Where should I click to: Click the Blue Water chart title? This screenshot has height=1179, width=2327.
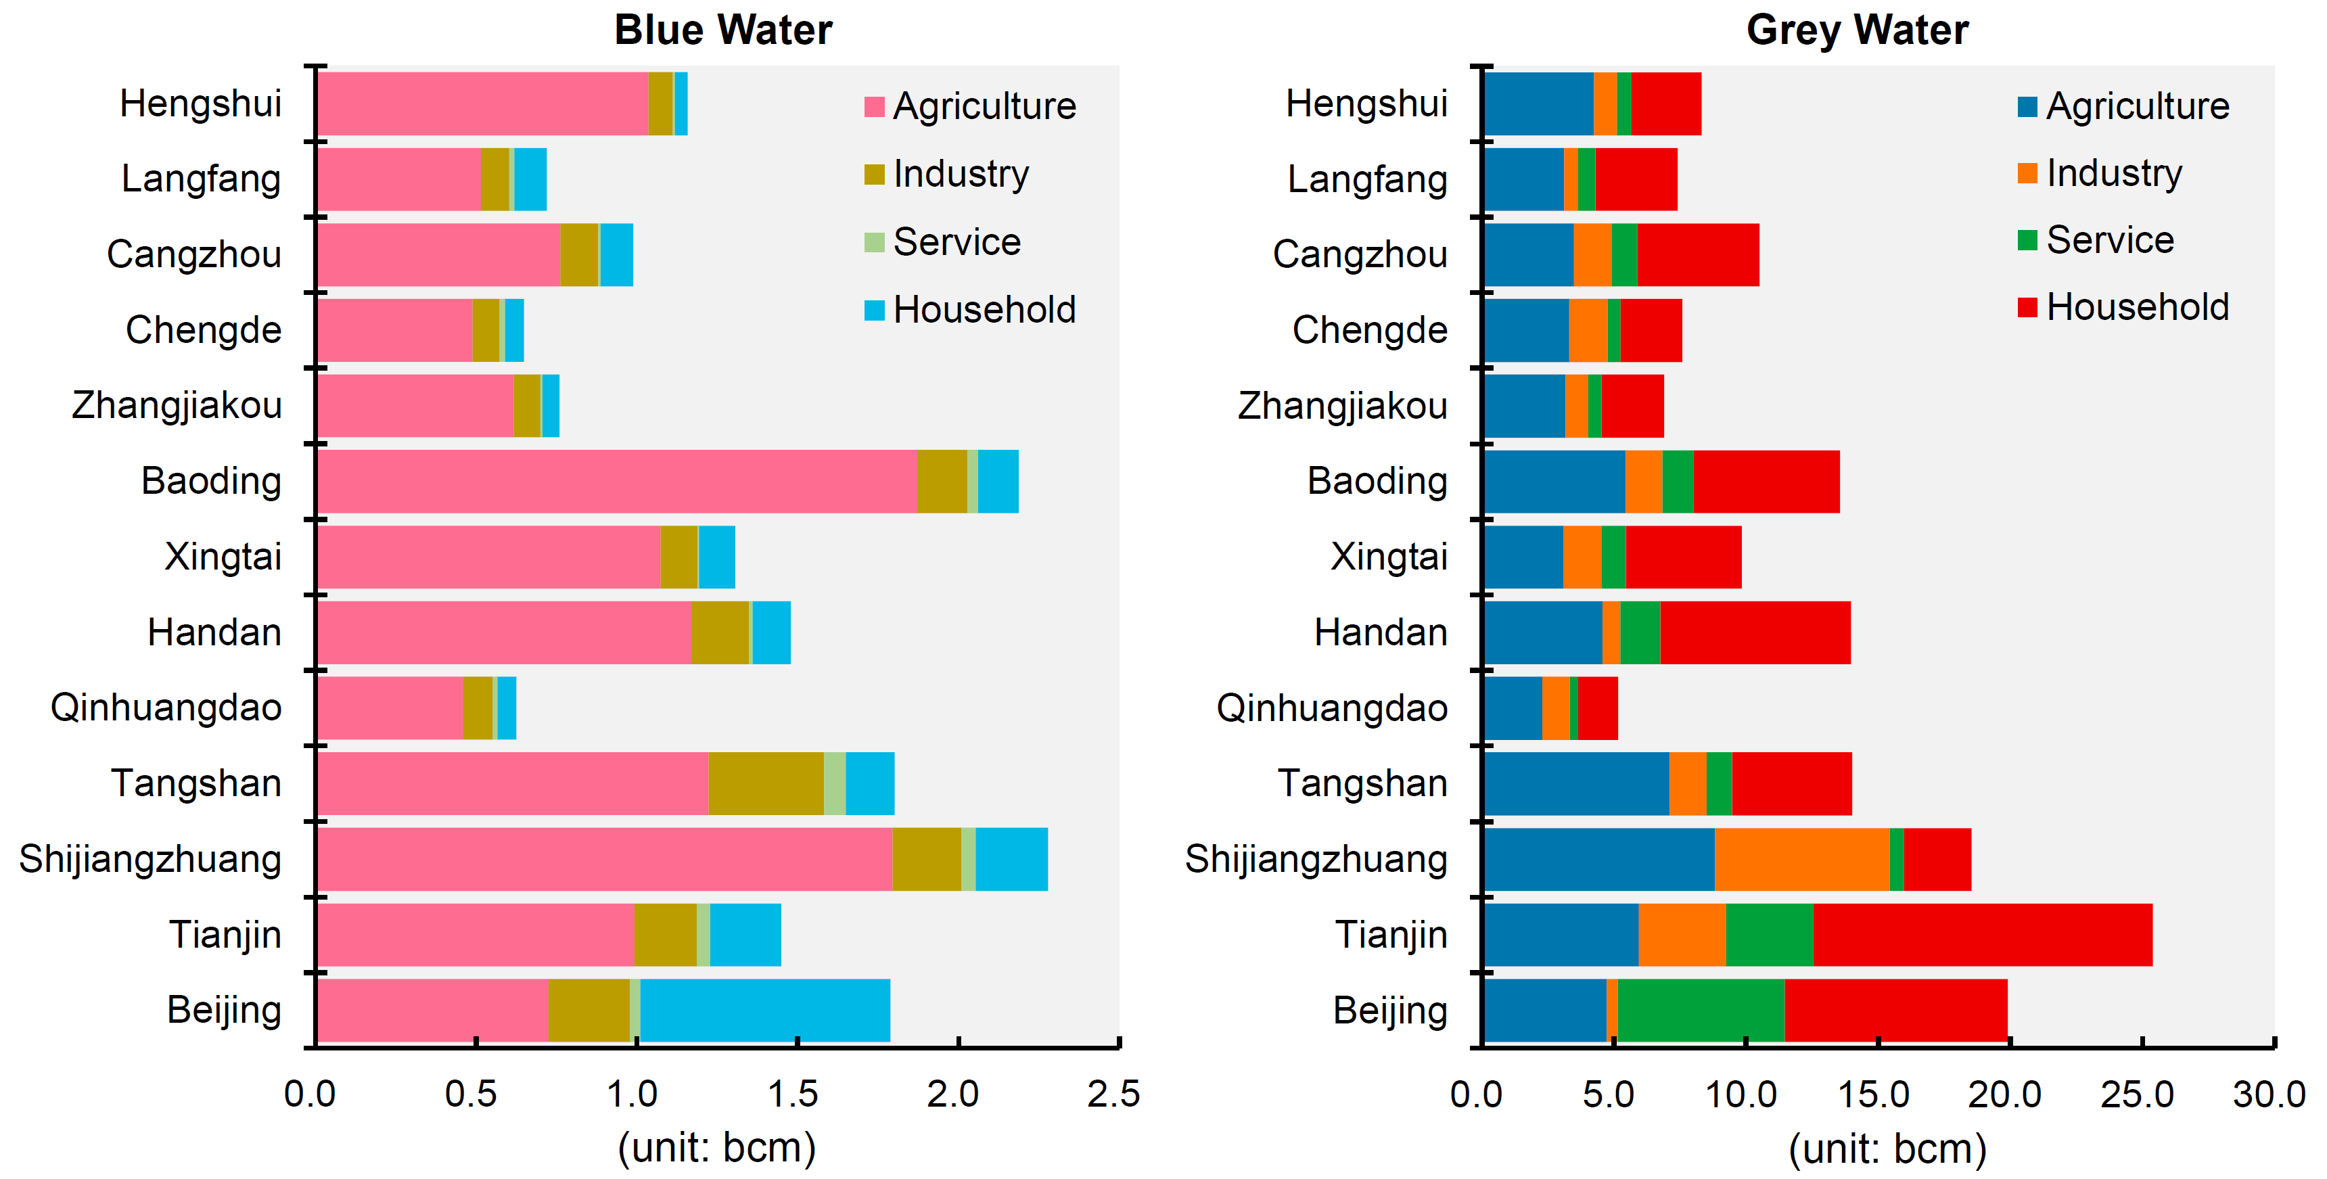pyautogui.click(x=722, y=30)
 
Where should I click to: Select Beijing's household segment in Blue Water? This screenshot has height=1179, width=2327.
pyautogui.click(x=764, y=1010)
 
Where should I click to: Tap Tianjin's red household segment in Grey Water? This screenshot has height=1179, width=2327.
pyautogui.click(x=1982, y=934)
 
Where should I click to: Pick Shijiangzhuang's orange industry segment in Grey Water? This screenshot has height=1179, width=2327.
pyautogui.click(x=1801, y=859)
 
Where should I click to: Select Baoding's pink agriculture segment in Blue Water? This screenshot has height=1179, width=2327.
pyautogui.click(x=617, y=482)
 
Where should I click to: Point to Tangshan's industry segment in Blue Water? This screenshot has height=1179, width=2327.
pyautogui.click(x=765, y=783)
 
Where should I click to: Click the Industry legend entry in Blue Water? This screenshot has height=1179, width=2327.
pyautogui.click(x=961, y=173)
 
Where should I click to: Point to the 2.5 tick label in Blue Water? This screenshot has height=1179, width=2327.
pyautogui.click(x=1113, y=1094)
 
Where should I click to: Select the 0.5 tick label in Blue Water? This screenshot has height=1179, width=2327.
pyautogui.click(x=471, y=1094)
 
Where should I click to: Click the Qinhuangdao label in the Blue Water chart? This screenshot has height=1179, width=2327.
pyautogui.click(x=166, y=708)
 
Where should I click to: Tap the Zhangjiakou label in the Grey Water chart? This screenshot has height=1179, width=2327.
pyautogui.click(x=1342, y=406)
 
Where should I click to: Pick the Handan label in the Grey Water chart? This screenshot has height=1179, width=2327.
pyautogui.click(x=1380, y=632)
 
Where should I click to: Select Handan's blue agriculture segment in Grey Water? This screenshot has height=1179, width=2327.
pyautogui.click(x=1542, y=632)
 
